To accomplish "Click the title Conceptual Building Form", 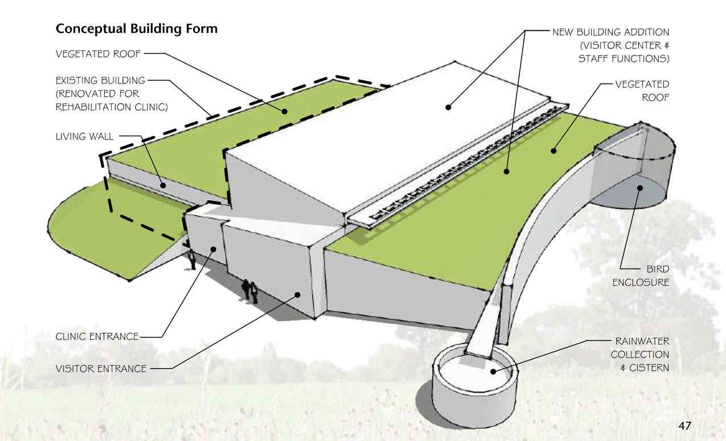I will click(x=136, y=28).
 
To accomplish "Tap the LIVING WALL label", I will click(x=84, y=137).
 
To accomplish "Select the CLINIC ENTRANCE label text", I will click(x=97, y=336).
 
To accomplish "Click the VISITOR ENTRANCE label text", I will click(x=101, y=369).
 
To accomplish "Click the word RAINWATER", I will click(x=642, y=341).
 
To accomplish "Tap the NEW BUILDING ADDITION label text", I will click(x=611, y=32).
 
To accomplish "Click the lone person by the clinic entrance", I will click(x=192, y=259).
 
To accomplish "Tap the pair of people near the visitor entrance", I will click(x=250, y=291).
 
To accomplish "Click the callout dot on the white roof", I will click(x=449, y=106).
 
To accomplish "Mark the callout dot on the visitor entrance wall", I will click(x=297, y=294).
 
